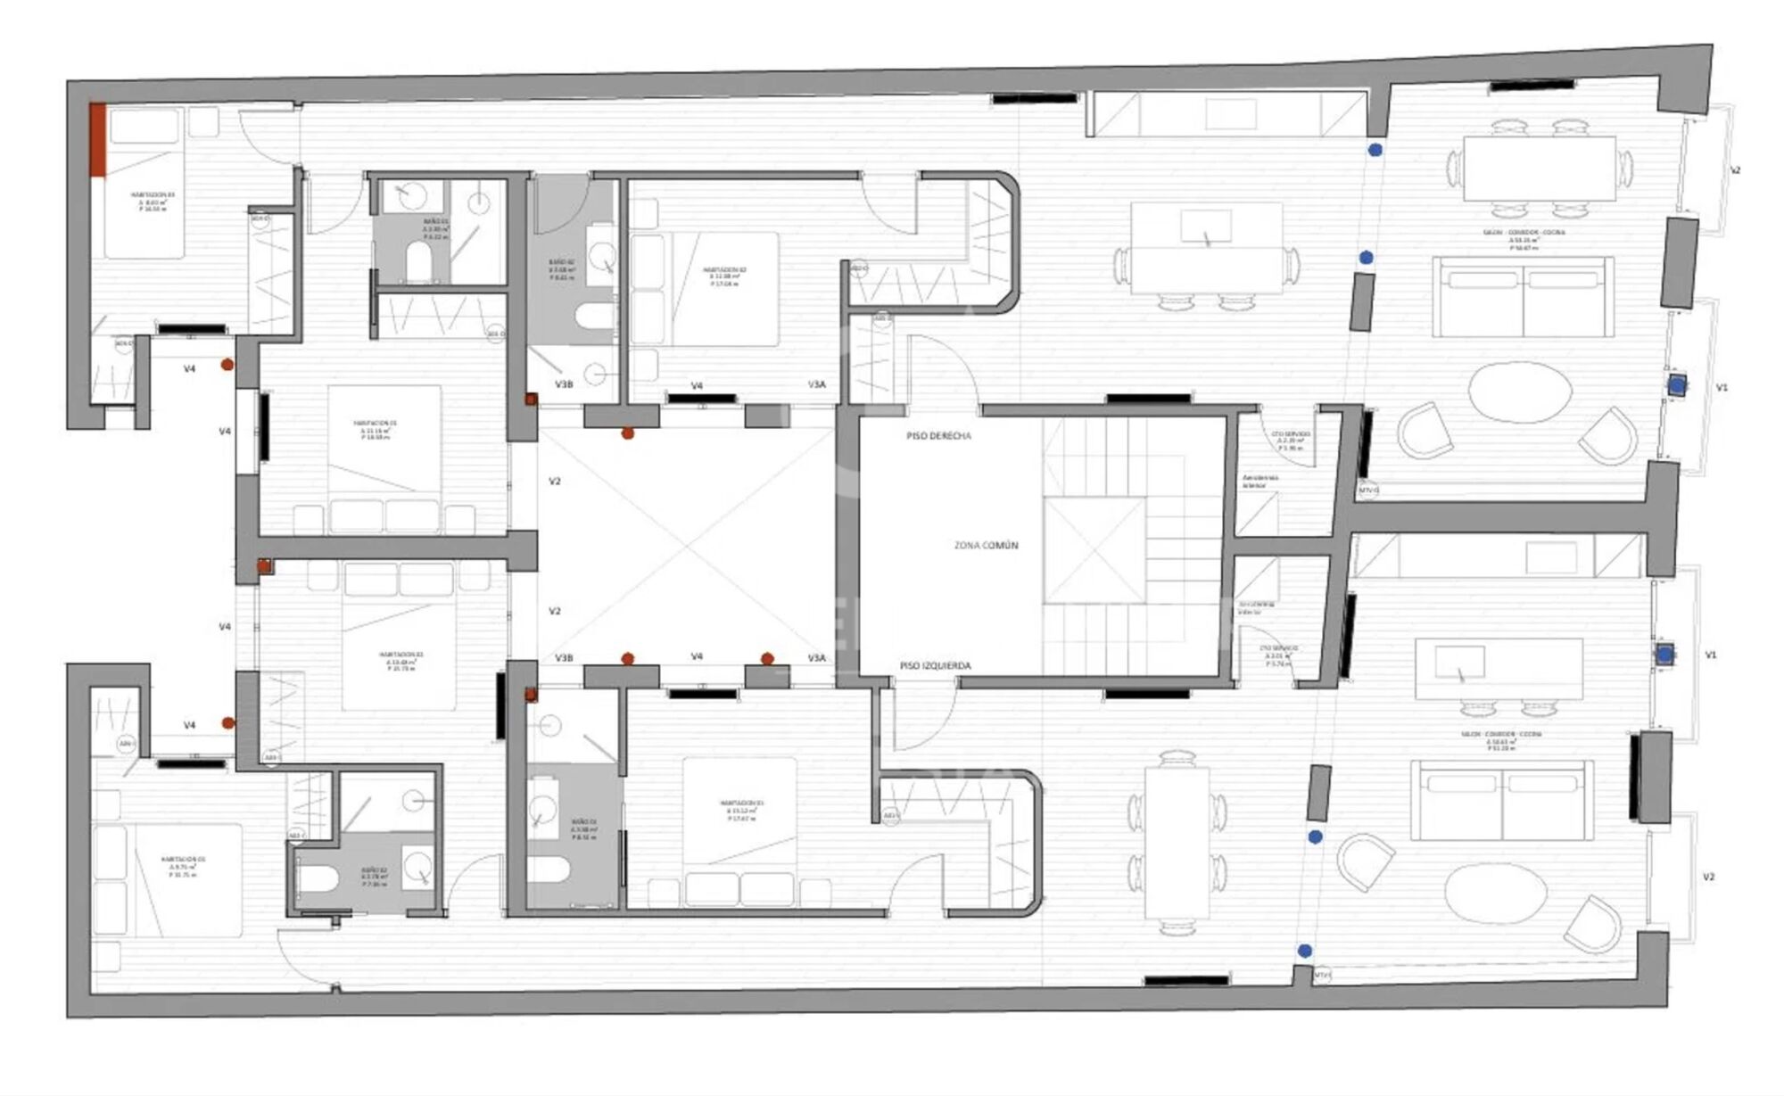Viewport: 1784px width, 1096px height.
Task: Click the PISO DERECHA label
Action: click(x=938, y=436)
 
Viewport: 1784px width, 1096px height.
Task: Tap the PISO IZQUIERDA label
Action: click(x=935, y=665)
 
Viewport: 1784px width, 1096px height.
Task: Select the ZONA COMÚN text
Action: click(x=986, y=545)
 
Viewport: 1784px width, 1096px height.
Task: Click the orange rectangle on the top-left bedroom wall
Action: click(x=98, y=139)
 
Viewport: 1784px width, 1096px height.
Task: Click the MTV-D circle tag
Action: click(x=1368, y=490)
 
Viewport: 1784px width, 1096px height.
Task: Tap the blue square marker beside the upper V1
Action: click(x=1677, y=385)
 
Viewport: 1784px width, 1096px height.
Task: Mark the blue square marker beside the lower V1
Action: click(x=1664, y=655)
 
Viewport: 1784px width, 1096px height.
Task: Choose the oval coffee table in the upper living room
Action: click(x=1520, y=391)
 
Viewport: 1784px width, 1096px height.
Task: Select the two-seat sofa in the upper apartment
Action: click(x=1523, y=297)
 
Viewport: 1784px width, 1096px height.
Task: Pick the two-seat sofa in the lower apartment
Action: click(x=1501, y=800)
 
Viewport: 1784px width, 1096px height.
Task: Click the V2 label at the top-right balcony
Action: click(x=1735, y=169)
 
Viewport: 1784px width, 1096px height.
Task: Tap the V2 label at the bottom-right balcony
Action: click(x=1708, y=877)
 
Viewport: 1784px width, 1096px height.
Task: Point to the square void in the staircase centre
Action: click(x=1094, y=549)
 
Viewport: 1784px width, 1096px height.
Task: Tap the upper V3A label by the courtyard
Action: click(x=816, y=384)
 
